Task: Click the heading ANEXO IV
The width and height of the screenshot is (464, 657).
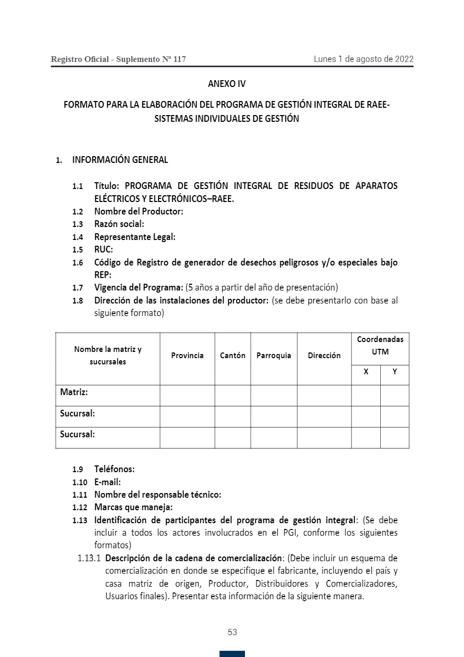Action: [x=226, y=84]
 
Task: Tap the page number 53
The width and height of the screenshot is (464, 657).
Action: [x=233, y=632]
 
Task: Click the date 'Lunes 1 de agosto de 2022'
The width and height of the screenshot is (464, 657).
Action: [x=363, y=59]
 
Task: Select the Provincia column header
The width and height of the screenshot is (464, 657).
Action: [x=187, y=356]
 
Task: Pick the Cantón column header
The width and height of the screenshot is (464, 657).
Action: [x=233, y=356]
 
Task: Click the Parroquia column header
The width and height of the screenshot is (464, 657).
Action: [x=274, y=356]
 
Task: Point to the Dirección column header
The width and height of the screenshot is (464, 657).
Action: [x=324, y=356]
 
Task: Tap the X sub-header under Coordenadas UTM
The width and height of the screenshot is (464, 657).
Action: [x=366, y=372]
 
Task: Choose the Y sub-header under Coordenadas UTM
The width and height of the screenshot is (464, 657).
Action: [x=395, y=372]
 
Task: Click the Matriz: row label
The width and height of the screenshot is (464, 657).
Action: [x=74, y=391]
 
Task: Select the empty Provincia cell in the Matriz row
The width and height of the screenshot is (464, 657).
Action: [x=187, y=396]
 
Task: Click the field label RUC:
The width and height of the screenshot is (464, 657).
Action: [x=104, y=249]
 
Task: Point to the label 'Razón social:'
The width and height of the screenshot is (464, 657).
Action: [x=119, y=224]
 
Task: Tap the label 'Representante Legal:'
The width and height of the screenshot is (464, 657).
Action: [x=135, y=237]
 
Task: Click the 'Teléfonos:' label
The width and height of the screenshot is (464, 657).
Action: [x=114, y=469]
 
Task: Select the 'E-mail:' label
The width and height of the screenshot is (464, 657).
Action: [x=107, y=482]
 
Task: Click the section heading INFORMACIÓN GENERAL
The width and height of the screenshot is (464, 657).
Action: [x=120, y=160]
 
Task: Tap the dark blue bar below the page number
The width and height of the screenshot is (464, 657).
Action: [x=232, y=653]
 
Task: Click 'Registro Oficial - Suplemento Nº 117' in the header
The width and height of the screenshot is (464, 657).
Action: [x=118, y=59]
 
